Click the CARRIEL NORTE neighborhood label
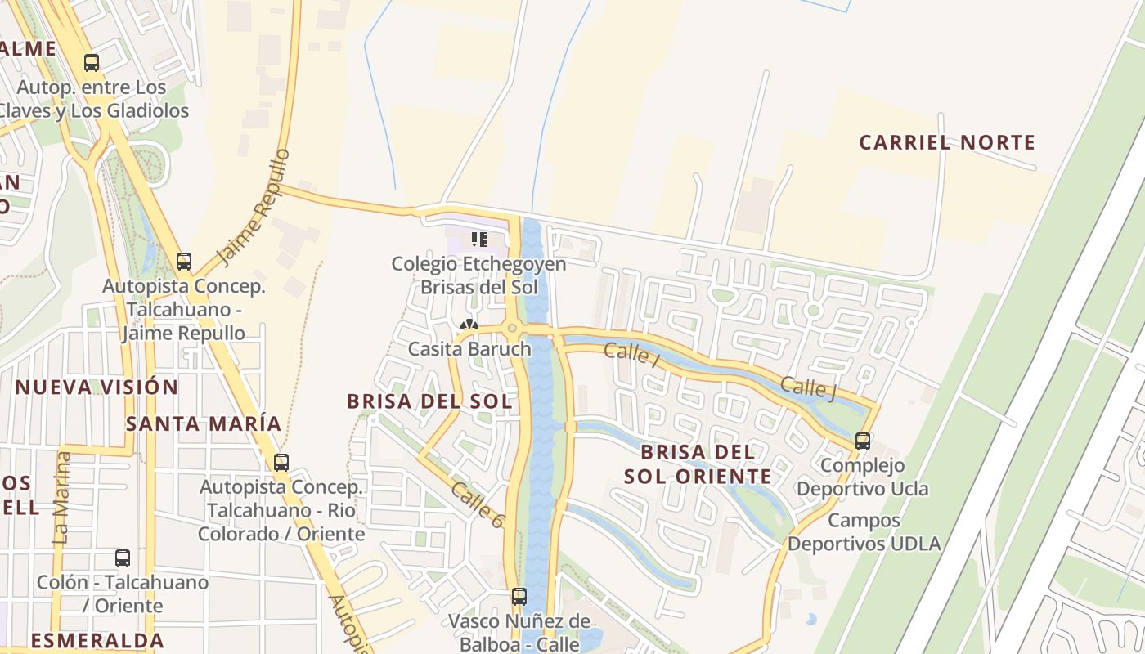[947, 143]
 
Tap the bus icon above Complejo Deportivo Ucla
[862, 441]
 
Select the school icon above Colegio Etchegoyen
[478, 240]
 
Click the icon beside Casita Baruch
[469, 325]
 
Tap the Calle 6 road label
[476, 504]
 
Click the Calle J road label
[808, 388]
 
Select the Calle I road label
[631, 355]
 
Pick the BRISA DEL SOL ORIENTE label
[698, 464]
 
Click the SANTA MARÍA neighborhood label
[204, 423]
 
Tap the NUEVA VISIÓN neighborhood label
[97, 387]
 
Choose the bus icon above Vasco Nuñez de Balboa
[519, 597]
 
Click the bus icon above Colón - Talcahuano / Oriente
[122, 558]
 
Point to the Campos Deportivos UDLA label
[864, 531]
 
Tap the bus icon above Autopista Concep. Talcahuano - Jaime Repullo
[184, 262]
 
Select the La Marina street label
[61, 499]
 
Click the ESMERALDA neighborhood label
[97, 640]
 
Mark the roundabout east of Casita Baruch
[512, 329]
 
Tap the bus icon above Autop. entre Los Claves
[92, 62]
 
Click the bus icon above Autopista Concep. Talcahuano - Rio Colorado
[281, 463]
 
